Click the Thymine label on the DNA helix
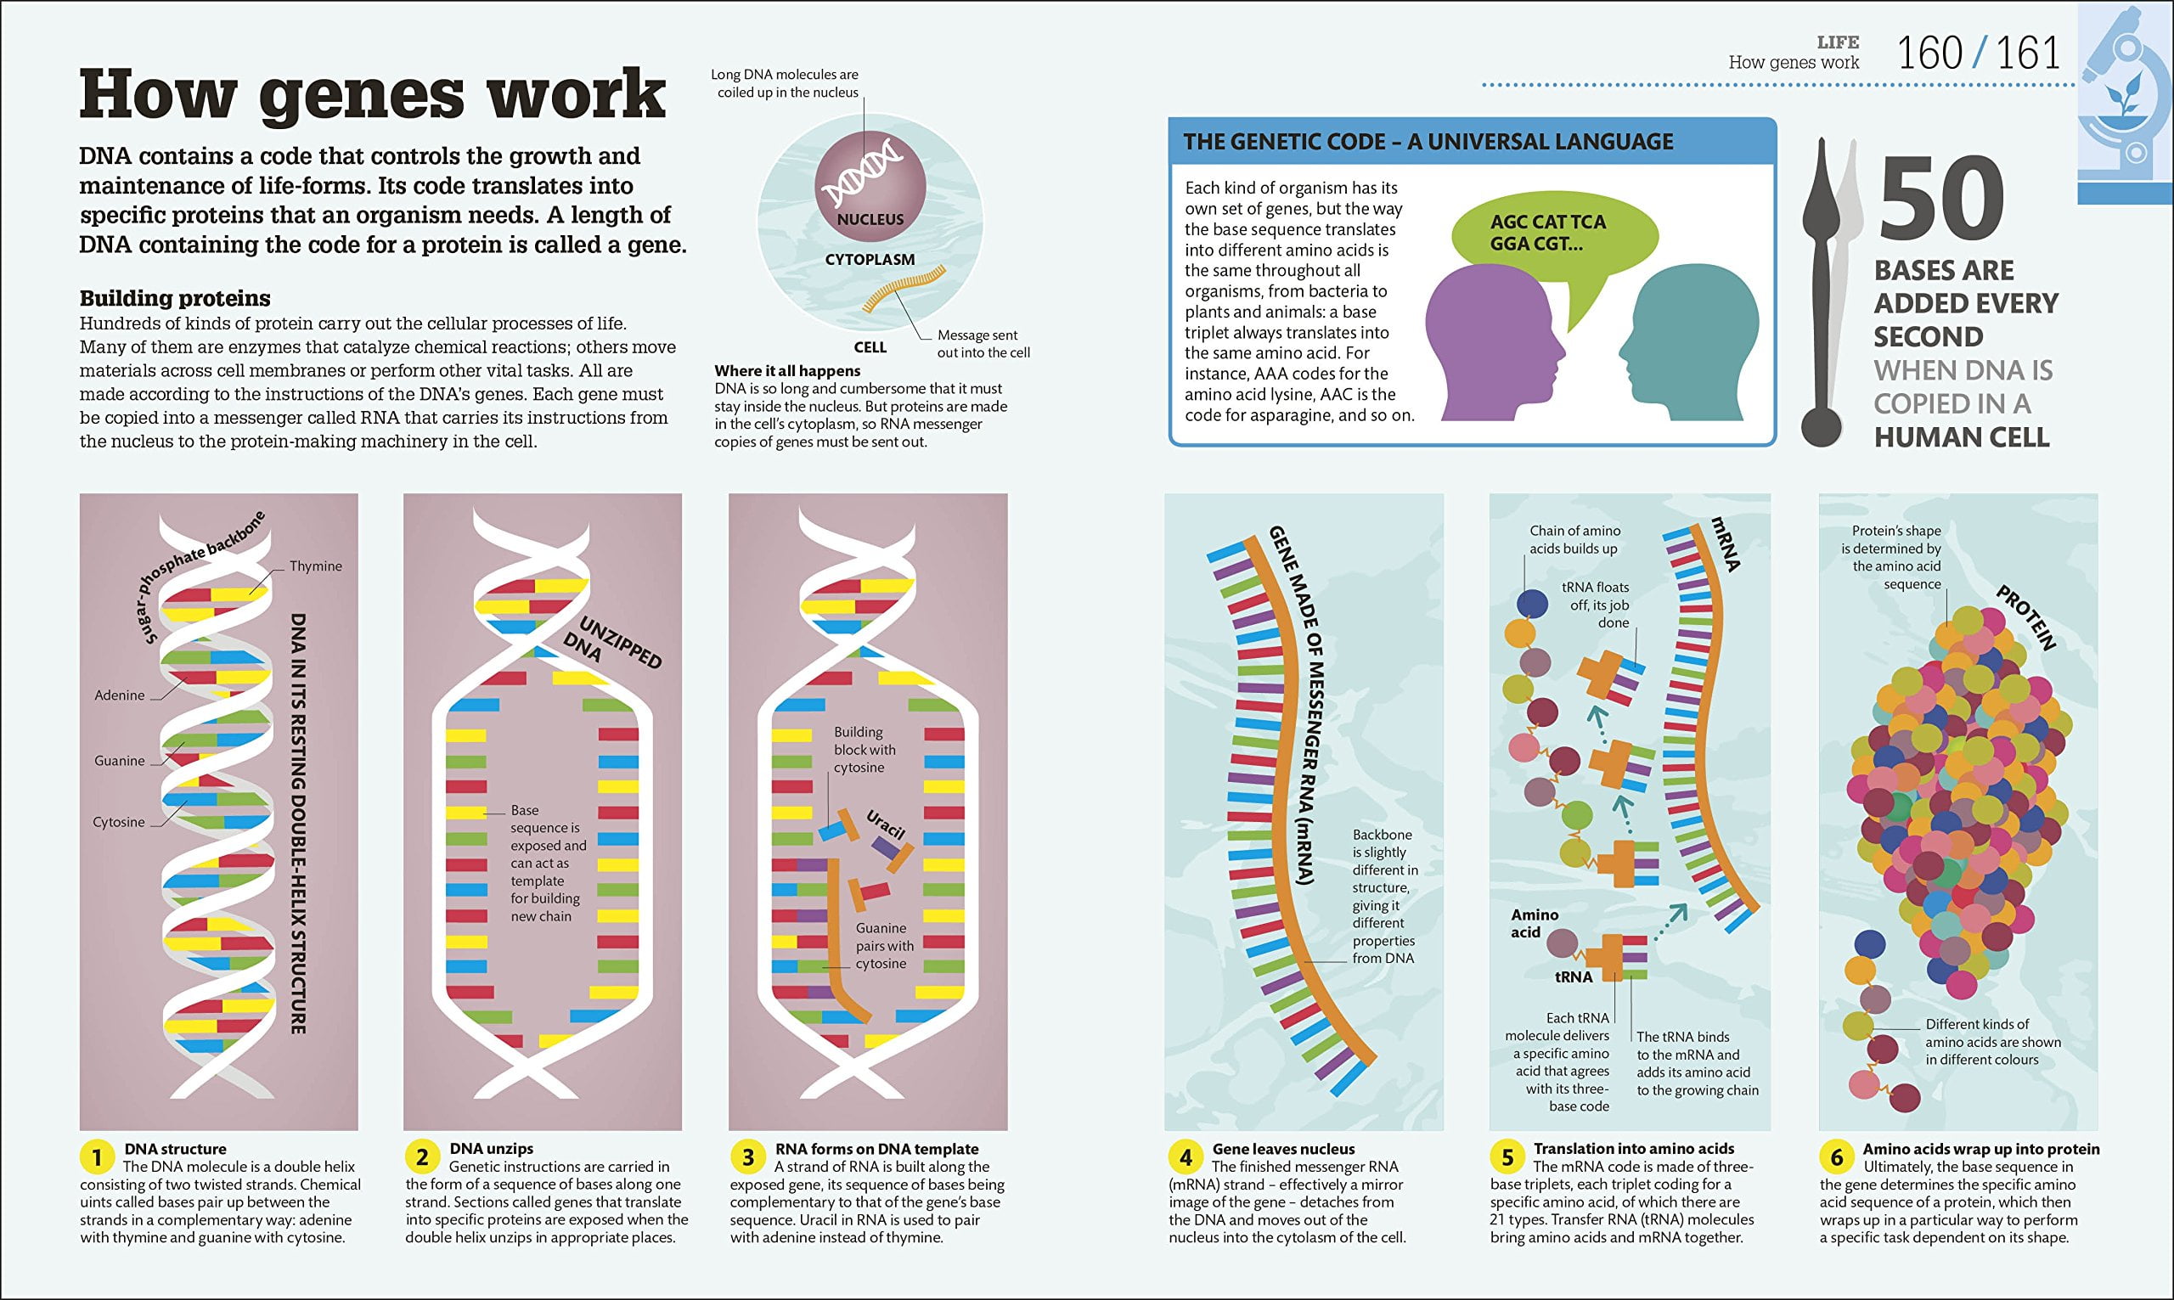315,566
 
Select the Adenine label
119,695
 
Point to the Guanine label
119,760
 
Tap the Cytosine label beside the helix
118,822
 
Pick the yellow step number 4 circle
1186,1157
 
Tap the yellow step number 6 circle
1837,1157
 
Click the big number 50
1941,201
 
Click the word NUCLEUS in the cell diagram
870,220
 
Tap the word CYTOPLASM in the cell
870,259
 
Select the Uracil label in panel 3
886,824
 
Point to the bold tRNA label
1573,976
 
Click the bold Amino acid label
1534,923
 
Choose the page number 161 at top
2029,53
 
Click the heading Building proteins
175,298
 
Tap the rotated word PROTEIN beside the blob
2025,618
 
